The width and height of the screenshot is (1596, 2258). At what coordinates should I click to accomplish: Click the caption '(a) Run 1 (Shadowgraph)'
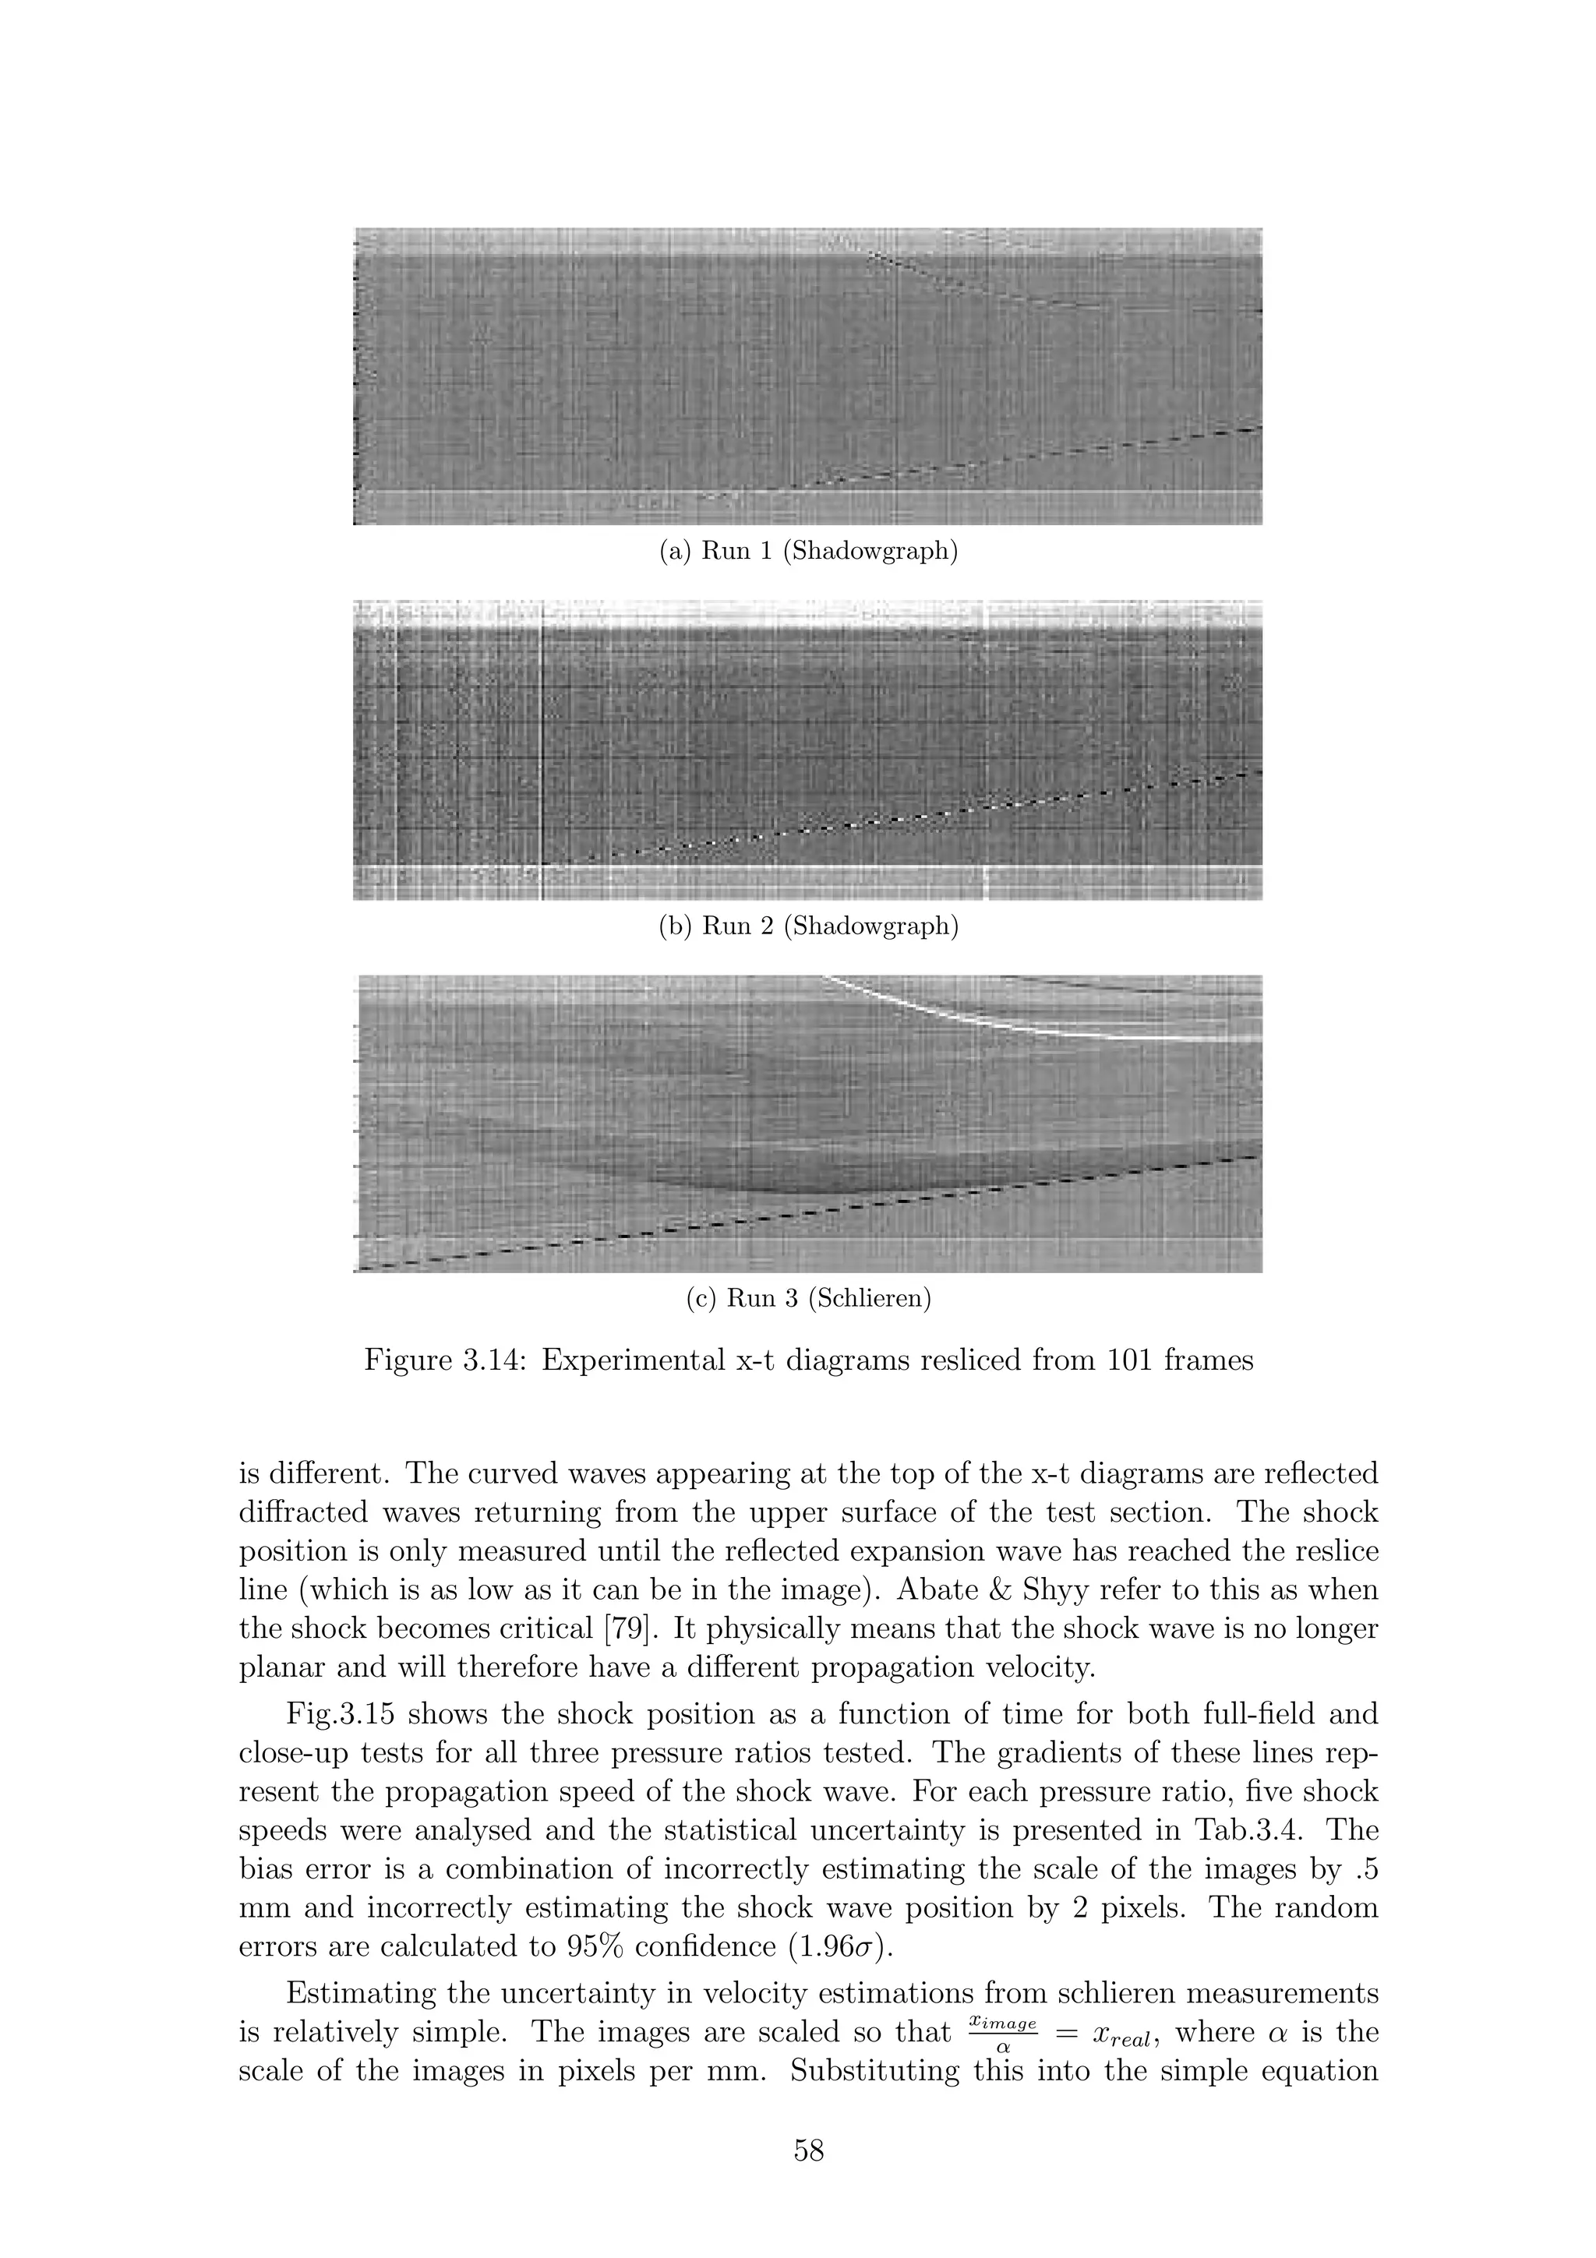point(807,551)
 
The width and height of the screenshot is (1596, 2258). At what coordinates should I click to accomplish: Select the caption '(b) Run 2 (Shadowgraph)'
point(807,926)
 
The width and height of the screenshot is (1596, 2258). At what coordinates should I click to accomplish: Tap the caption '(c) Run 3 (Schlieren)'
point(807,1298)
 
